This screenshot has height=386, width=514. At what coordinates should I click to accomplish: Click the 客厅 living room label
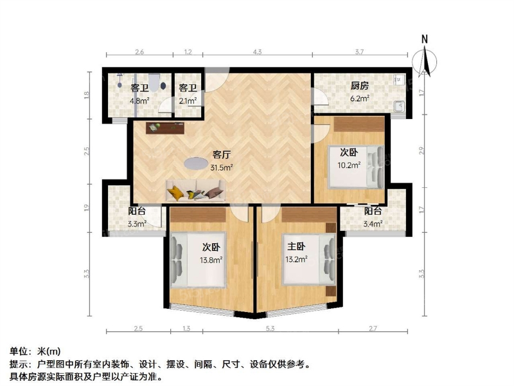pos(221,154)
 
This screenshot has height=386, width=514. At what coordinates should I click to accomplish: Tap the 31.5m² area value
pos(221,168)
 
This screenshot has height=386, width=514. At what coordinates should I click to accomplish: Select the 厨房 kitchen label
pos(360,86)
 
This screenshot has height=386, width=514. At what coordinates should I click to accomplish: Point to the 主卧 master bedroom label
pos(296,246)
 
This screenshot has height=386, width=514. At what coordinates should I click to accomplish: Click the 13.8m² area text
pos(211,261)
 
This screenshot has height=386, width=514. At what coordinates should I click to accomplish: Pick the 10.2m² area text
pos(349,165)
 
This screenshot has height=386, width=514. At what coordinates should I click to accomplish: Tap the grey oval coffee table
pos(196,163)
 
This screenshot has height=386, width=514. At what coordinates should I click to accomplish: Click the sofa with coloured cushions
pos(196,190)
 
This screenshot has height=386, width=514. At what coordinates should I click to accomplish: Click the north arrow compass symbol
pos(425,61)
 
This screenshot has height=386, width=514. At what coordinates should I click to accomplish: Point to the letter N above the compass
pos(425,39)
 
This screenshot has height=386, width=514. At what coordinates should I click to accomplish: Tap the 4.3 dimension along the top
pos(258,51)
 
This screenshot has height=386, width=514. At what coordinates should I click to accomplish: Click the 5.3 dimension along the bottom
pos(270,328)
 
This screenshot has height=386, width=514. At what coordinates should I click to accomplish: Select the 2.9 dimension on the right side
pos(422,151)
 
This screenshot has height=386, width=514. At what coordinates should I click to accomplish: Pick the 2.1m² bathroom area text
pos(188,101)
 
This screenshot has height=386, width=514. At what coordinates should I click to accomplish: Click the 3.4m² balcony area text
pos(373,224)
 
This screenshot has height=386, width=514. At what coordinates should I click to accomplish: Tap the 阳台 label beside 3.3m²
pos(137,211)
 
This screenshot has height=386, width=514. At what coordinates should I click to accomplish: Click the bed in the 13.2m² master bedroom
pos(309,259)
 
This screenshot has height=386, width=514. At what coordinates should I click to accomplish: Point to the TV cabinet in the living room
pos(165,127)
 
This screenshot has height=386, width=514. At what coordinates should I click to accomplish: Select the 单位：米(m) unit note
pos(35,351)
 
